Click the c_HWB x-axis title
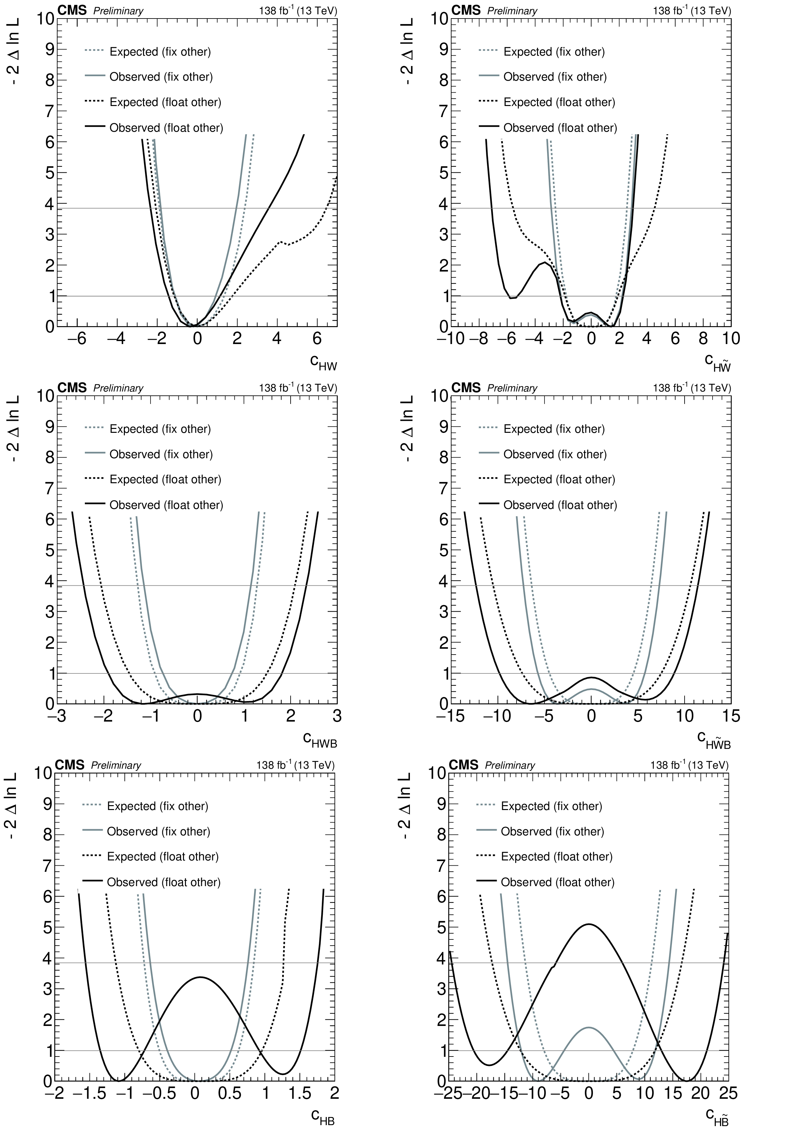[320, 740]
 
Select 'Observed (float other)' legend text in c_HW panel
[166, 128]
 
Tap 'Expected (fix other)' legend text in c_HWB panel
[160, 429]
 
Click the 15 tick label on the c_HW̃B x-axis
[731, 716]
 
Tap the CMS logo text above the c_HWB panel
[72, 388]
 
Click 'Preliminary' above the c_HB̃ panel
[510, 765]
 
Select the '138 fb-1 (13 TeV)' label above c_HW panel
[298, 11]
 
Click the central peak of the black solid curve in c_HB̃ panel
[588, 924]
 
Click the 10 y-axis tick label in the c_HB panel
[43, 773]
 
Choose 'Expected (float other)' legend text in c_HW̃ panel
[559, 102]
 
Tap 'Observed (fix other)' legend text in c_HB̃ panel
[552, 832]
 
